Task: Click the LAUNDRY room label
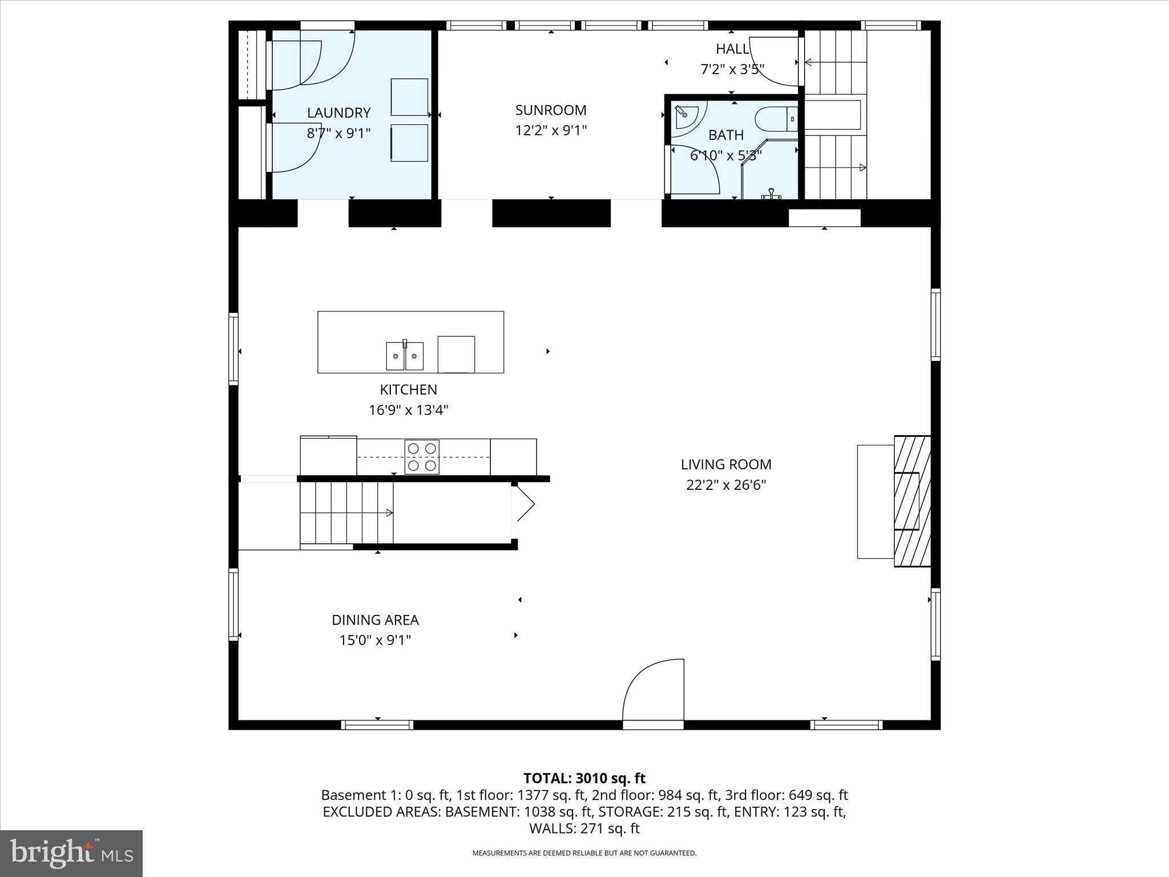point(338,112)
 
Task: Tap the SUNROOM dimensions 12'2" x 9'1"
point(551,131)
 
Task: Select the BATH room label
point(725,135)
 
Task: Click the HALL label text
point(732,49)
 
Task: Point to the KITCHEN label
point(408,390)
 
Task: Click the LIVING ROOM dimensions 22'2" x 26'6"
point(725,485)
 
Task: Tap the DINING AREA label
point(375,620)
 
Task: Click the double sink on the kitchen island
point(405,356)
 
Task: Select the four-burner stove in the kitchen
point(422,457)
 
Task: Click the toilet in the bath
point(775,119)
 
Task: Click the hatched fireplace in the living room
point(912,501)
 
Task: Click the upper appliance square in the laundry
point(409,97)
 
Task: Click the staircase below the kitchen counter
point(346,513)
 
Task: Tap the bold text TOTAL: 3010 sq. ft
point(584,778)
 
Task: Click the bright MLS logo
point(71,853)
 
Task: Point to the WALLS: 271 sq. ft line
point(584,828)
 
